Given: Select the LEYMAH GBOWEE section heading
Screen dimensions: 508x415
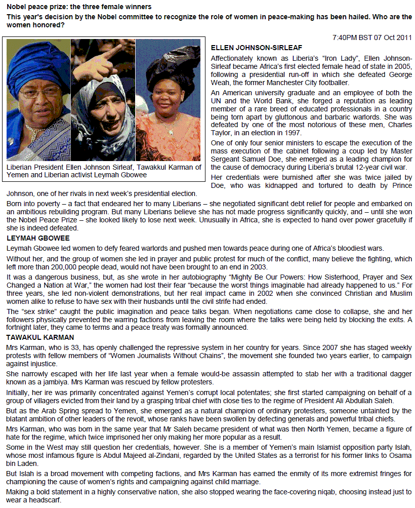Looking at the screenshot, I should (x=38, y=238).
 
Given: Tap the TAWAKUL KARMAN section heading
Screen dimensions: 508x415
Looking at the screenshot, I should (x=40, y=337).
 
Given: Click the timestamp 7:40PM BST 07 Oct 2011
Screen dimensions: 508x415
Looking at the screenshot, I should (x=372, y=38).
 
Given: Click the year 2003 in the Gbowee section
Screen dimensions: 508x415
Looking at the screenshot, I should (x=258, y=267).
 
